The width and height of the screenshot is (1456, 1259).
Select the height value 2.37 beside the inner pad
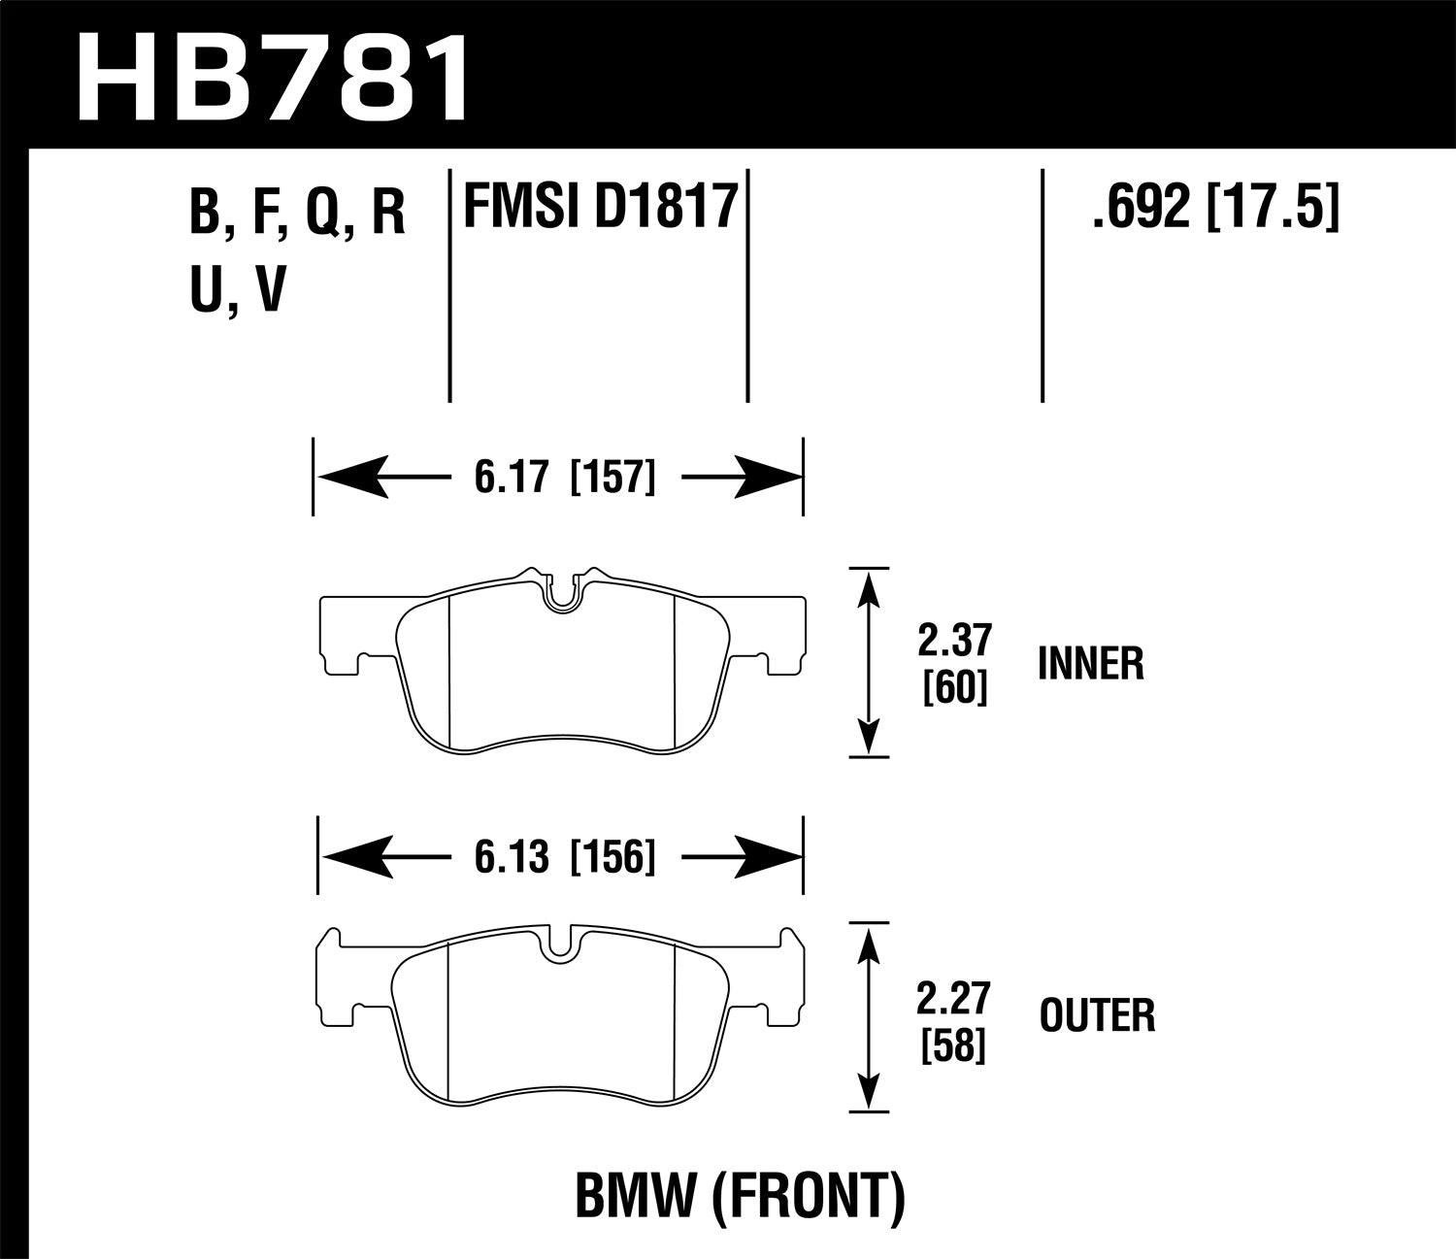click(x=956, y=642)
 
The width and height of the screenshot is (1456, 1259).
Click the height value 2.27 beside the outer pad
click(x=956, y=998)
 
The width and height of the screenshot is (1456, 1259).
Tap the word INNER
click(x=1091, y=665)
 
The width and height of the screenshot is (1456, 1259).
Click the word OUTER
click(x=1097, y=1016)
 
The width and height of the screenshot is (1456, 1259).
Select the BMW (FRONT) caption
click(x=741, y=1196)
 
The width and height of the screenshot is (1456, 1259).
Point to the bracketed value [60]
click(x=956, y=689)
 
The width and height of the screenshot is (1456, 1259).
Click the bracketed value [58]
click(x=956, y=1045)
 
